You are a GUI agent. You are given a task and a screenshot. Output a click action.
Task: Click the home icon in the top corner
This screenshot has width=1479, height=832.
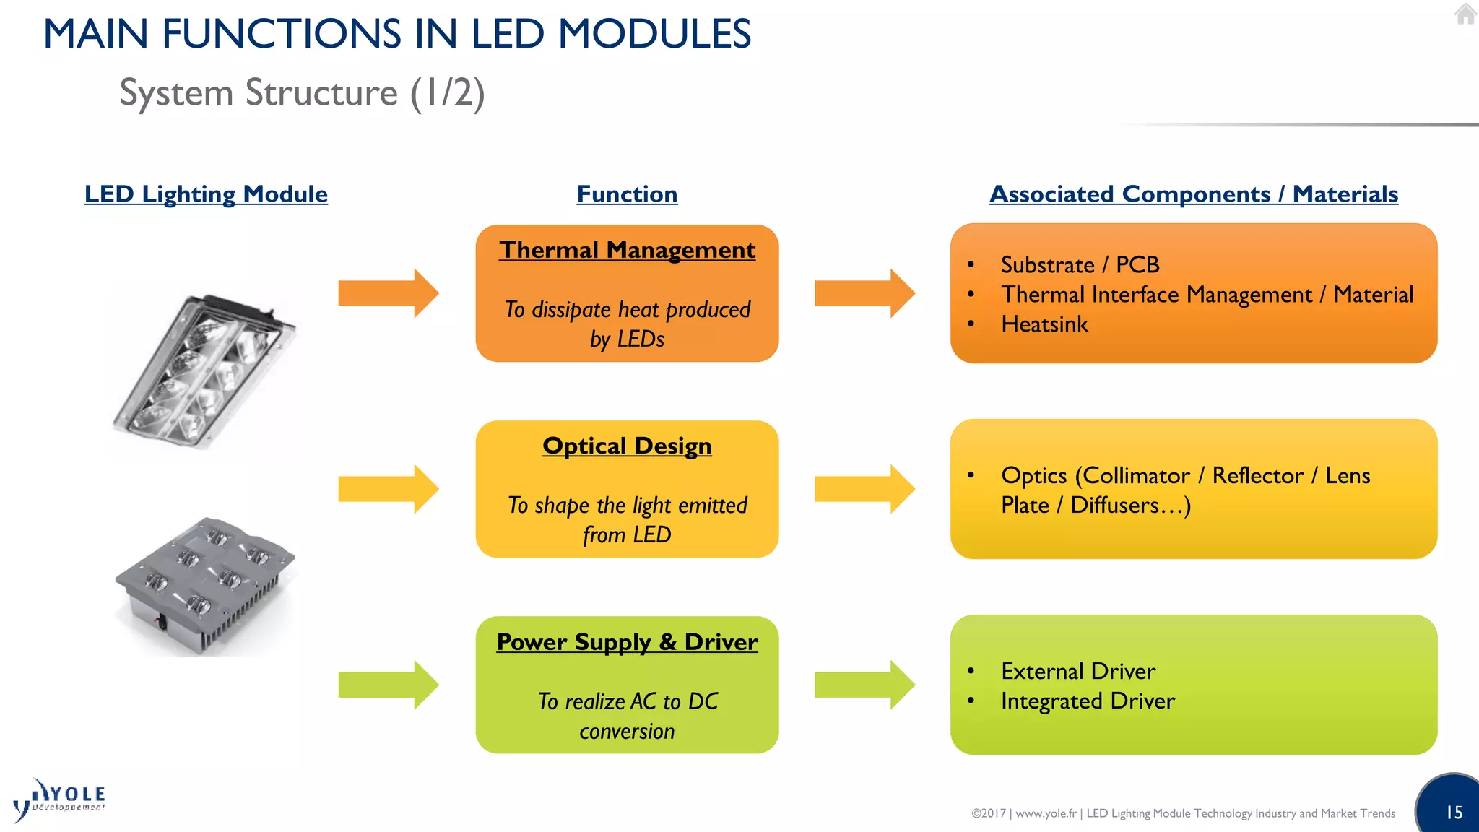pyautogui.click(x=1465, y=14)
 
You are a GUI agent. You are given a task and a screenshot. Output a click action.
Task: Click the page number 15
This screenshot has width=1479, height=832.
pyautogui.click(x=1454, y=812)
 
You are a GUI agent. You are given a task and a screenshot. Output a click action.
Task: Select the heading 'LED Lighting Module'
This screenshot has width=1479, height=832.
pyautogui.click(x=206, y=194)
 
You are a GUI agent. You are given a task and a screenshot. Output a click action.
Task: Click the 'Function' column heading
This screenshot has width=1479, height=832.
pyautogui.click(x=627, y=194)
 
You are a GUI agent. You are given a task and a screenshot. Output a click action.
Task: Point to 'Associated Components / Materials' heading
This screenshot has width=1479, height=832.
pyautogui.click(x=1193, y=194)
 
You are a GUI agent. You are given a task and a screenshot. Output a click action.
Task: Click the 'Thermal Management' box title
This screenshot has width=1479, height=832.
pyautogui.click(x=627, y=250)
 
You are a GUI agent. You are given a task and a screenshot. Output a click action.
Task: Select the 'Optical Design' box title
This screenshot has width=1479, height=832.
pyautogui.click(x=627, y=446)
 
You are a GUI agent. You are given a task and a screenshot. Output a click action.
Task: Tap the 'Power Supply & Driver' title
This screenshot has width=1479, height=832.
pyautogui.click(x=627, y=641)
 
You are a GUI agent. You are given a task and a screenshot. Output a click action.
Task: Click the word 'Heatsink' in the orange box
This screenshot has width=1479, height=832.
pyautogui.click(x=1044, y=324)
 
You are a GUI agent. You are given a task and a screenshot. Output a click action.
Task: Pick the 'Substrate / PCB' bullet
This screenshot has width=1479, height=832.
pyautogui.click(x=1080, y=265)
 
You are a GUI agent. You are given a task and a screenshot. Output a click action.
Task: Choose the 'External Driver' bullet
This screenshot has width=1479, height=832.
pyautogui.click(x=1077, y=671)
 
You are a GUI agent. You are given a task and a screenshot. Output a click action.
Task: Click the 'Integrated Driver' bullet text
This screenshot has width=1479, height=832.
pyautogui.click(x=1088, y=701)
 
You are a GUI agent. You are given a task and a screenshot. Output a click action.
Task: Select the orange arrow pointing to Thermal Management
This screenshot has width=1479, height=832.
pyautogui.click(x=388, y=293)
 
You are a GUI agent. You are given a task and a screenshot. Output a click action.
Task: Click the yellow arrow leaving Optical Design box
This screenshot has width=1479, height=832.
pyautogui.click(x=864, y=489)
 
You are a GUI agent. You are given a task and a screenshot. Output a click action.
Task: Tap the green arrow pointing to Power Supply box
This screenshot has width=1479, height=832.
pyautogui.click(x=388, y=685)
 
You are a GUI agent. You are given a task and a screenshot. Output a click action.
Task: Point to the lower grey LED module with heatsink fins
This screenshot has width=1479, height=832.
pyautogui.click(x=204, y=585)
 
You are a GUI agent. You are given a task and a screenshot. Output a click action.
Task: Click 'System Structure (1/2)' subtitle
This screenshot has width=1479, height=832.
pyautogui.click(x=302, y=93)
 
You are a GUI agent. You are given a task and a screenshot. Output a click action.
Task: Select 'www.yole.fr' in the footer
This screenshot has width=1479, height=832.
pyautogui.click(x=1046, y=813)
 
